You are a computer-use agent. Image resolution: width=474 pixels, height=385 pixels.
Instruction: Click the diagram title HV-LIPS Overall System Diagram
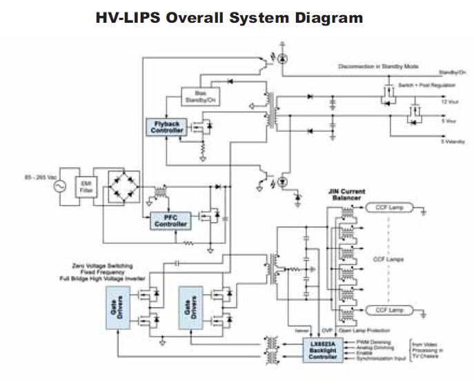coord(229,19)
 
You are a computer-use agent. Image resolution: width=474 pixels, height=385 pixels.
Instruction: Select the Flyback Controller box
coord(165,126)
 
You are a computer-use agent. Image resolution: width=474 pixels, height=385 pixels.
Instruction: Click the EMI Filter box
coord(86,186)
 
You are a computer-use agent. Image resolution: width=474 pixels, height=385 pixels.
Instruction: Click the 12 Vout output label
coord(449,102)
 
